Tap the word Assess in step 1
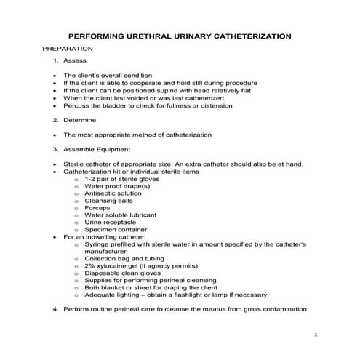(x=74, y=60)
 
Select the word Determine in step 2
(x=79, y=119)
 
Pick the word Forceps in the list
(x=97, y=207)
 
